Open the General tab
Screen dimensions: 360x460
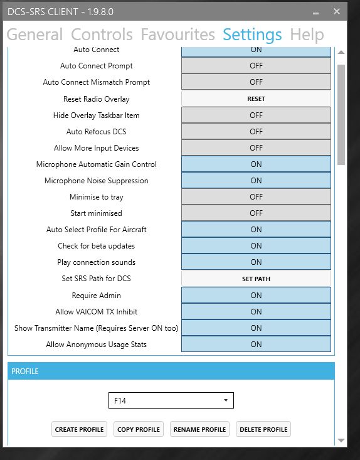tap(34, 35)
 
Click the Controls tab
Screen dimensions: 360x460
tap(102, 35)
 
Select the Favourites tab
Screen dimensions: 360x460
tap(177, 35)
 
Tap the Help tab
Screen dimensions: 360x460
tap(307, 35)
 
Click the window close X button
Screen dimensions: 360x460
tap(337, 11)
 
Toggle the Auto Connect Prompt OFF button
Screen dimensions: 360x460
tap(256, 66)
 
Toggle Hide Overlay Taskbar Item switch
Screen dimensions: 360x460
tap(256, 115)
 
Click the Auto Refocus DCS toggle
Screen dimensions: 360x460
tap(256, 132)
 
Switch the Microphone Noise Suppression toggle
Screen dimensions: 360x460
tap(256, 181)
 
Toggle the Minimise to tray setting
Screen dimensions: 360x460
tap(256, 197)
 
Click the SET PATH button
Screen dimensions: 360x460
tap(256, 279)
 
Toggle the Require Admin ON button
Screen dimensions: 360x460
tap(256, 296)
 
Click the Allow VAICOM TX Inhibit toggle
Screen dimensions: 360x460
tap(256, 312)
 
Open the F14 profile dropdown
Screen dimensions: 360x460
tap(171, 400)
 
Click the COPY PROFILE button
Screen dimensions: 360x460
tap(139, 429)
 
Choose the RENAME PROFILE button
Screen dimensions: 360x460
tap(200, 429)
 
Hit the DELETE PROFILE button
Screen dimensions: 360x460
tap(263, 429)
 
